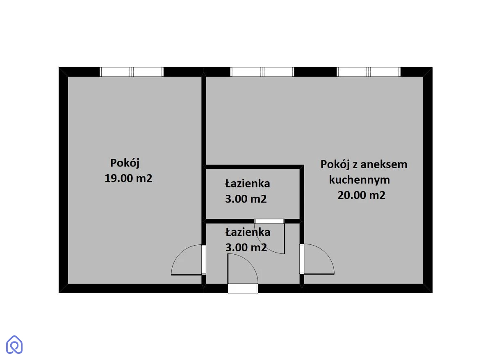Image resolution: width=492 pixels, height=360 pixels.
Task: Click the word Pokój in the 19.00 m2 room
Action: pos(125,163)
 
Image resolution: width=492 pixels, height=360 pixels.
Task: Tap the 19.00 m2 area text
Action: pos(128,178)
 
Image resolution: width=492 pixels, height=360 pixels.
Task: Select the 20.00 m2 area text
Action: pos(361,195)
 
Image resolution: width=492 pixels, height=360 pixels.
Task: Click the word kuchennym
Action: pos(359,180)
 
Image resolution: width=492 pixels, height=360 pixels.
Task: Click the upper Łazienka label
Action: pos(248,183)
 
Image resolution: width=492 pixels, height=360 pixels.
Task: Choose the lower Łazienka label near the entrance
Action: pos(248,232)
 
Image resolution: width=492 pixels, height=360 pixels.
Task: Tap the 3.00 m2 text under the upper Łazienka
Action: pos(246,199)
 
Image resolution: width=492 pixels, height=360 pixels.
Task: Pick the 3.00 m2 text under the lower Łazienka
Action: pos(246,248)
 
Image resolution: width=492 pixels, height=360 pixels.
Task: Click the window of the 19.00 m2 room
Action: pos(132,72)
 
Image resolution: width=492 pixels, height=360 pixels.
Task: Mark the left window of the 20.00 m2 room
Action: pos(262,72)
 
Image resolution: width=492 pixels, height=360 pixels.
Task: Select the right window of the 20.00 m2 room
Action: pos(369,72)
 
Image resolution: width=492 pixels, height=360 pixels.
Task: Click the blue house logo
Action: pos(14,344)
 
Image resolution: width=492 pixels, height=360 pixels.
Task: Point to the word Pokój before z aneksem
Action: pos(335,165)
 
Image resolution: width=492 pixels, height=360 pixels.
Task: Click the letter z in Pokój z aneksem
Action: pos(355,165)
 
